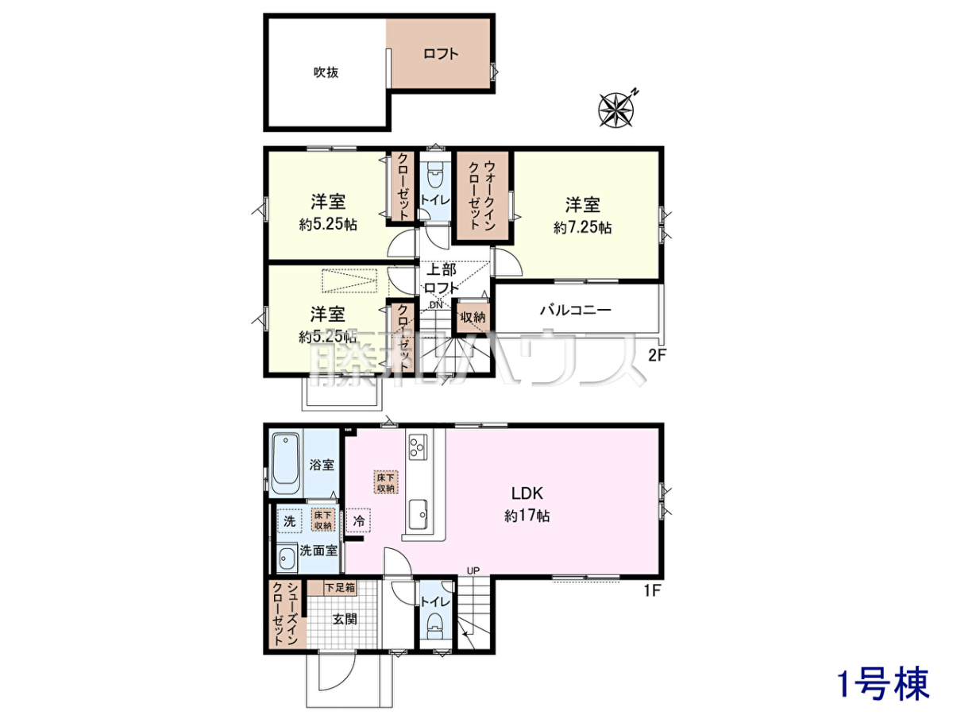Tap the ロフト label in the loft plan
(x=441, y=54)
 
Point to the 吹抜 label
(x=326, y=72)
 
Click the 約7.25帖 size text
(x=583, y=227)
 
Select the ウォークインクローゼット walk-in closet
(x=483, y=195)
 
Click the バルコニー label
(x=576, y=310)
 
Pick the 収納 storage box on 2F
(x=473, y=317)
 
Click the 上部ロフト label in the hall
(x=441, y=279)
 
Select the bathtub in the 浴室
(x=286, y=465)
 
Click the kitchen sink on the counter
(x=418, y=515)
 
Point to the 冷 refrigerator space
(x=359, y=520)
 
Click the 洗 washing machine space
(x=289, y=521)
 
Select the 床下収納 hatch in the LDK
(x=385, y=482)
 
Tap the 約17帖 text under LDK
(x=527, y=516)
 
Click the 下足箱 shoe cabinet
(x=332, y=588)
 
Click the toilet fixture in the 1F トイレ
(x=434, y=628)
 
